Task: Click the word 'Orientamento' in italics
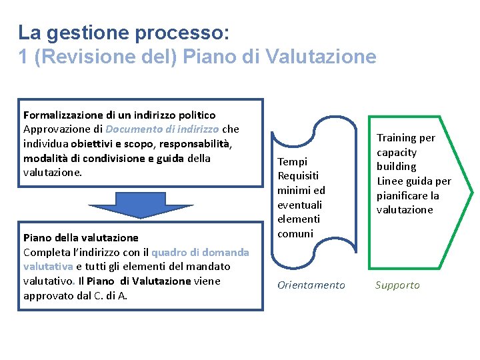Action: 311,285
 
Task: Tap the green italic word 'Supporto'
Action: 397,285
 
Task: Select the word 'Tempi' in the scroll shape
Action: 292,161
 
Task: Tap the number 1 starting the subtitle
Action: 23,57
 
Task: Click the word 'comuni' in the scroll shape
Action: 295,233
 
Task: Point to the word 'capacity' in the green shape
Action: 397,152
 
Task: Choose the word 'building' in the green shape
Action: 396,167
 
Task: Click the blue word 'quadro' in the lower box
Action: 171,252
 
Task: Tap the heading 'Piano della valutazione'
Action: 81,237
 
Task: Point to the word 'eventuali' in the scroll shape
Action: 299,205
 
